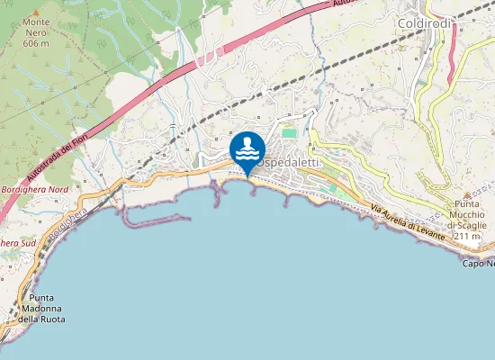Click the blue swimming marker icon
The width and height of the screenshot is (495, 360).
[x=247, y=150]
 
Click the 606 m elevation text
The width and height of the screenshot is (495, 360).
[x=36, y=42]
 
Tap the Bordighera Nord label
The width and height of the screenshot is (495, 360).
[x=35, y=190]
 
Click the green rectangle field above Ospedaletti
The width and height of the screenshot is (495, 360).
[x=289, y=133]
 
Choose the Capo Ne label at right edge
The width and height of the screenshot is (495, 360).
[x=478, y=264]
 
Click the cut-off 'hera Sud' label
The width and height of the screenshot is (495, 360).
[x=18, y=243]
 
